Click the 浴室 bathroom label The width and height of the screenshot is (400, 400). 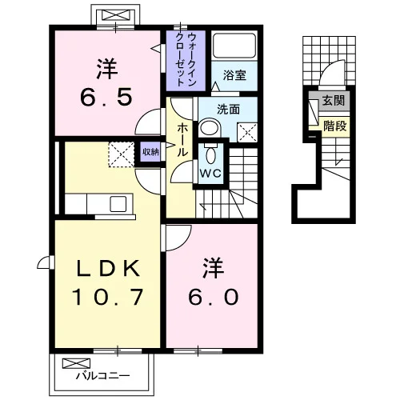(234, 75)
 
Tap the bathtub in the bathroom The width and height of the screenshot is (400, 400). (234, 46)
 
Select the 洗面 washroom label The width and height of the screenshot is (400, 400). (228, 110)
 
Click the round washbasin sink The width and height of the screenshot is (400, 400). (210, 128)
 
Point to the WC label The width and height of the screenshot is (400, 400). (210, 174)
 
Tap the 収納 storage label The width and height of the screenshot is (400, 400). (151, 152)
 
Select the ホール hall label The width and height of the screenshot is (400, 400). (182, 139)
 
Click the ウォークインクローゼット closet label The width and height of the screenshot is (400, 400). (186, 60)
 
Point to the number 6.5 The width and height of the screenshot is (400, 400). (106, 97)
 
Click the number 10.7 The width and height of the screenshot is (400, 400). (108, 297)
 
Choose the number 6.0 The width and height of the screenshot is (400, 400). (213, 298)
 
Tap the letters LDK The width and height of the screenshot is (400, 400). (108, 268)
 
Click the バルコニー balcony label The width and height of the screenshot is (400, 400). (103, 376)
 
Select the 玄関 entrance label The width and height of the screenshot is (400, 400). (334, 101)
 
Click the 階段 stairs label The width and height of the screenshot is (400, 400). (335, 126)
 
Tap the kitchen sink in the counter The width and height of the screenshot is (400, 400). (118, 204)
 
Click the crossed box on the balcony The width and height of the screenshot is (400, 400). (76, 363)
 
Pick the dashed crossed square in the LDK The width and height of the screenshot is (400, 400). (122, 154)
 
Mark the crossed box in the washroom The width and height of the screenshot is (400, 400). (247, 133)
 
